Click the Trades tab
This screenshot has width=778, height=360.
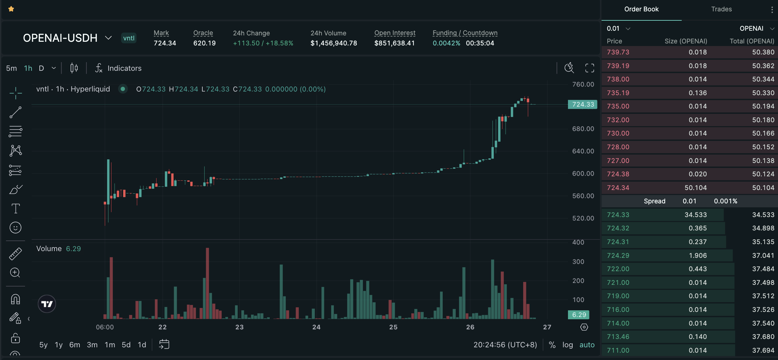pyautogui.click(x=721, y=9)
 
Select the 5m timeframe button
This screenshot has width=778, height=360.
pyautogui.click(x=11, y=68)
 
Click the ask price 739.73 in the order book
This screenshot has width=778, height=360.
pyautogui.click(x=618, y=52)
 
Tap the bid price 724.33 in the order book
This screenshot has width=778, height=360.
pyautogui.click(x=618, y=215)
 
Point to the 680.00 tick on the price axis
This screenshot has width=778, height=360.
pyautogui.click(x=583, y=129)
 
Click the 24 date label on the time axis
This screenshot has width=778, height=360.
pyautogui.click(x=316, y=327)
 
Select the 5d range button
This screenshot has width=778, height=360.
pyautogui.click(x=126, y=345)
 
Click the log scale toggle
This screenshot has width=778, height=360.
pyautogui.click(x=568, y=345)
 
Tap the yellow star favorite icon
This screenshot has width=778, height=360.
pyautogui.click(x=11, y=9)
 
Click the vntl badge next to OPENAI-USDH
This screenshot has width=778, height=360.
pyautogui.click(x=129, y=38)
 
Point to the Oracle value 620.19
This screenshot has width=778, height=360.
pyautogui.click(x=204, y=43)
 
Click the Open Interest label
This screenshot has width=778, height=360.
pyautogui.click(x=395, y=33)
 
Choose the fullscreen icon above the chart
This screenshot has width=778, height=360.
pyautogui.click(x=590, y=68)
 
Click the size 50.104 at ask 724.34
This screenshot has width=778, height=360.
pyautogui.click(x=696, y=188)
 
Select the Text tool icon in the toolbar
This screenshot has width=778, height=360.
pyautogui.click(x=15, y=209)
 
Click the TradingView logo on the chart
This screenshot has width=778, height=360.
pyautogui.click(x=47, y=304)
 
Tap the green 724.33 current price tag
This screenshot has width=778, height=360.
pyautogui.click(x=583, y=105)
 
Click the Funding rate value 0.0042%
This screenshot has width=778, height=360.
pyautogui.click(x=446, y=43)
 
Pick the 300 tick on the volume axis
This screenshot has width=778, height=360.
pyautogui.click(x=578, y=262)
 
